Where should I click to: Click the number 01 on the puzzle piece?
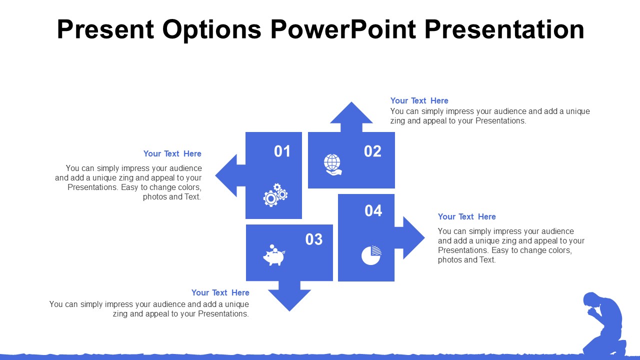tap(282, 151)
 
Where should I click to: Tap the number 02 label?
tap(372, 151)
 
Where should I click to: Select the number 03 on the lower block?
tap(313, 239)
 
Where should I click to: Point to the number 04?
tap(373, 210)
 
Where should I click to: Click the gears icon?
tap(275, 195)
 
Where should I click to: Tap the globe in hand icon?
tap(332, 164)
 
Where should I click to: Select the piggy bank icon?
tap(274, 255)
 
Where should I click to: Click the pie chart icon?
tap(371, 255)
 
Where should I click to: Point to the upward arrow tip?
tap(351, 102)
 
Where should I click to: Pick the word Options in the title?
tap(211, 30)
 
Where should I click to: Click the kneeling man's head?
tap(591, 300)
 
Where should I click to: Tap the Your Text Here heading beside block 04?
tap(467, 216)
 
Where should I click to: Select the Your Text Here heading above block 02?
tap(419, 100)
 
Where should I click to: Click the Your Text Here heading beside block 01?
tap(172, 153)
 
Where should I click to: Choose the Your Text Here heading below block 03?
tap(220, 292)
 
